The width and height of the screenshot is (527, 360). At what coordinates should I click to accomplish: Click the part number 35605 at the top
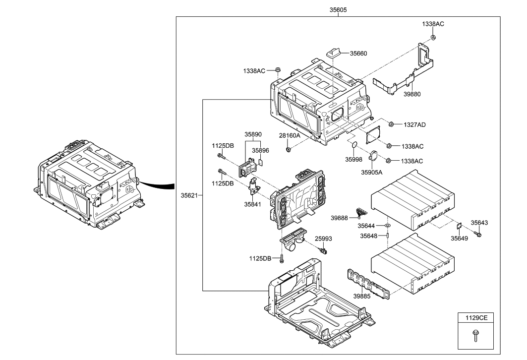click(x=338, y=9)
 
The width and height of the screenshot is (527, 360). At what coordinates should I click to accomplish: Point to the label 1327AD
click(x=414, y=124)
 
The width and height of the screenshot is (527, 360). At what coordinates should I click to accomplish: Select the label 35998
click(x=353, y=160)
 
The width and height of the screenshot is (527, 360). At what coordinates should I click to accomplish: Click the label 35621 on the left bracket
click(x=190, y=195)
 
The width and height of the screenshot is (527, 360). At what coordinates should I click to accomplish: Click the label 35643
click(x=479, y=223)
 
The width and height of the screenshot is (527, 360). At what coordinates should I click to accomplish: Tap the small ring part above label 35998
click(x=353, y=145)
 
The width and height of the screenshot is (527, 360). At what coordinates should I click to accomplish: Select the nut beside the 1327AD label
click(x=391, y=124)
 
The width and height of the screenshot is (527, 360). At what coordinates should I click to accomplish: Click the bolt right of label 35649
click(x=477, y=234)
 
